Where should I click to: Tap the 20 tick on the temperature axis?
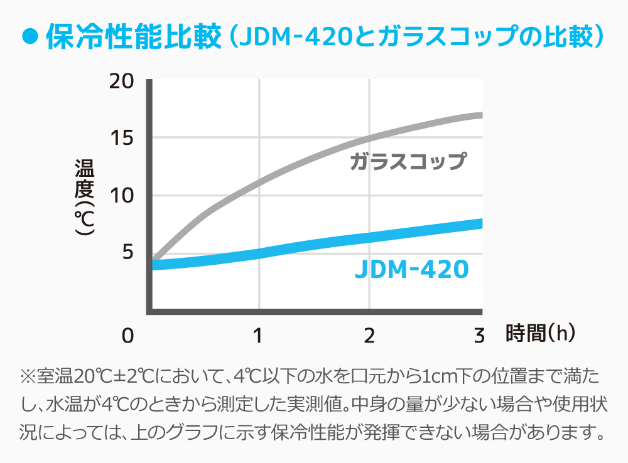click(121, 82)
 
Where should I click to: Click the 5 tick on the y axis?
click(127, 253)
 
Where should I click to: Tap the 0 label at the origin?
click(127, 336)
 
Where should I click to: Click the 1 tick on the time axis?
click(259, 336)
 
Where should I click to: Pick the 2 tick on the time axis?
click(369, 336)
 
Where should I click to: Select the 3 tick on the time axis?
click(480, 336)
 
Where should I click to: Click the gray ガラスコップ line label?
click(408, 162)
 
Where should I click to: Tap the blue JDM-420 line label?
click(411, 270)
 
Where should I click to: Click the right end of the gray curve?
click(480, 115)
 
